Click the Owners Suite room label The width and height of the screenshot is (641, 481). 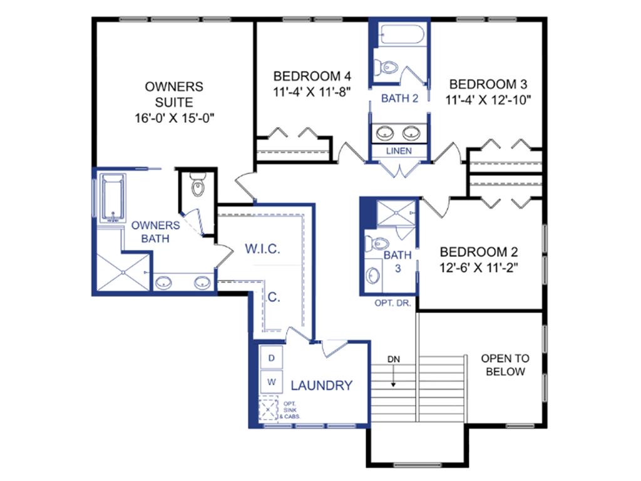click(x=174, y=95)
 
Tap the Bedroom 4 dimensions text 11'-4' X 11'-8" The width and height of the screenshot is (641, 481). click(x=312, y=92)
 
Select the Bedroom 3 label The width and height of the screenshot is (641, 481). click(x=488, y=85)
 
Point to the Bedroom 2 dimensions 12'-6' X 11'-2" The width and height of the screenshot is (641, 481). click(x=479, y=267)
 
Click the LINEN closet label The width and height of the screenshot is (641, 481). click(x=399, y=151)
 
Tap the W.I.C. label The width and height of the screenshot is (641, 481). click(x=262, y=249)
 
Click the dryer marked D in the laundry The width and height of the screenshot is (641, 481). click(x=271, y=358)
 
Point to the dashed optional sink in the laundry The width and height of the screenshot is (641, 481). click(x=268, y=408)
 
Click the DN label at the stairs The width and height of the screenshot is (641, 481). click(x=394, y=359)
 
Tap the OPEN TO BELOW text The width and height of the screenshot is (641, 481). click(x=505, y=365)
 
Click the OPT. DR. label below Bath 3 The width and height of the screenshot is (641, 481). click(x=393, y=303)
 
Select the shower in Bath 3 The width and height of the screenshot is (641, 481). click(x=396, y=213)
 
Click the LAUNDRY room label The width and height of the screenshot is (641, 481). click(x=321, y=385)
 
